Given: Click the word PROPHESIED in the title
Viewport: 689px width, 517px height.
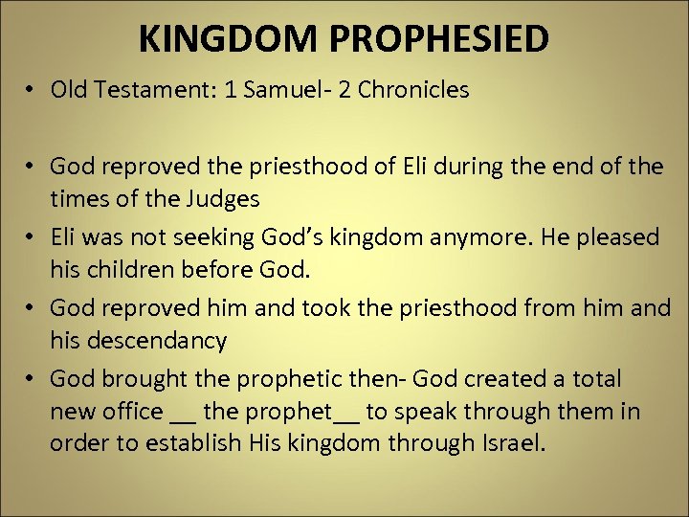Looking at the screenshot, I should point(454,38).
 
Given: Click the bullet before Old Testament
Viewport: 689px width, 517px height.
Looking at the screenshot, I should point(32,91).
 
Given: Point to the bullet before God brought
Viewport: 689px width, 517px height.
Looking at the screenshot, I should point(32,378).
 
